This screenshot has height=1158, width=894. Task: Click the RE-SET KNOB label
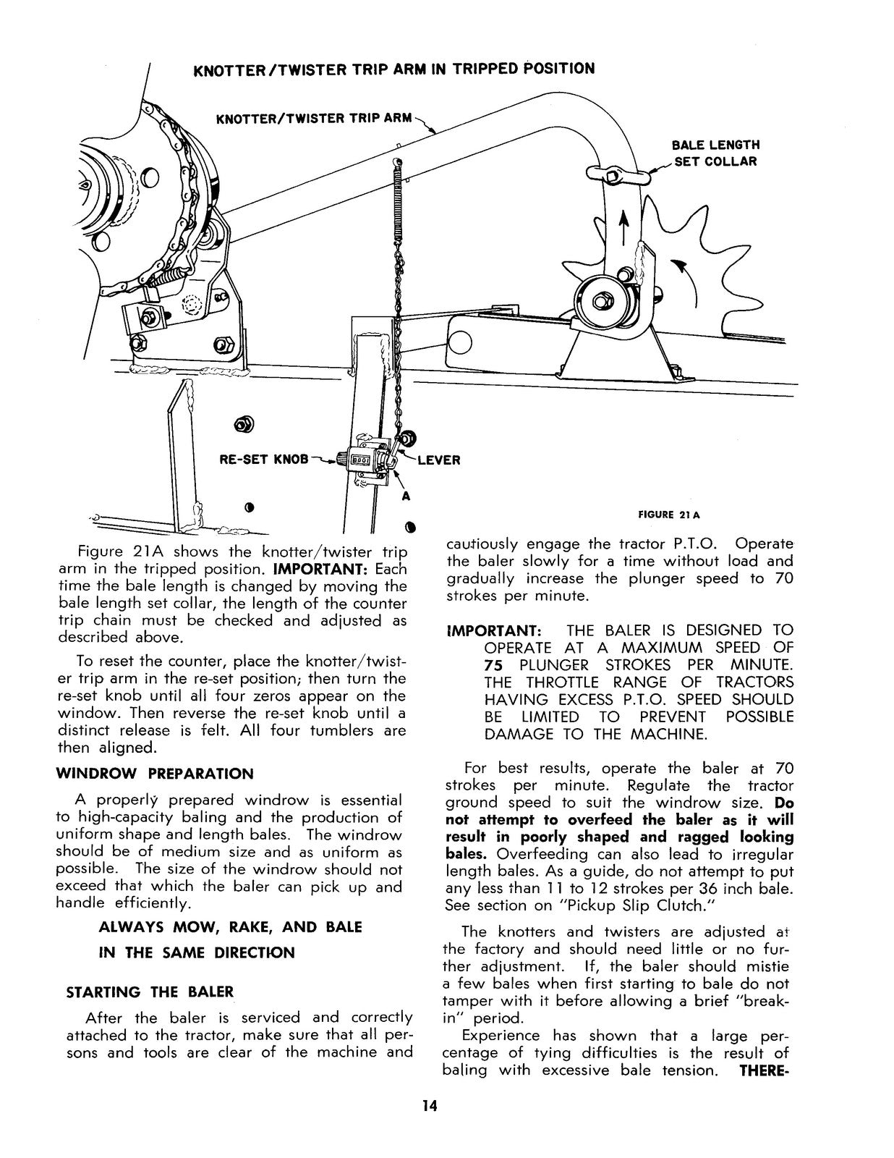tap(263, 459)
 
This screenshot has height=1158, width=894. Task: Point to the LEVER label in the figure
tap(438, 460)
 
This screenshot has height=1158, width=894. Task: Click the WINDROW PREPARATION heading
tap(155, 774)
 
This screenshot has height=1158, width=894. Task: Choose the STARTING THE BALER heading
tap(150, 992)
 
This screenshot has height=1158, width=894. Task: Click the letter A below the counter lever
tap(406, 497)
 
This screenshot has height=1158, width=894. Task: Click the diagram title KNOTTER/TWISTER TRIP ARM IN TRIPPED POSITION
tap(394, 69)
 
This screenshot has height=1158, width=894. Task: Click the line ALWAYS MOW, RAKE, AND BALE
tap(230, 926)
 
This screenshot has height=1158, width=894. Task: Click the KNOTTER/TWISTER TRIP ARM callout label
tap(314, 118)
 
